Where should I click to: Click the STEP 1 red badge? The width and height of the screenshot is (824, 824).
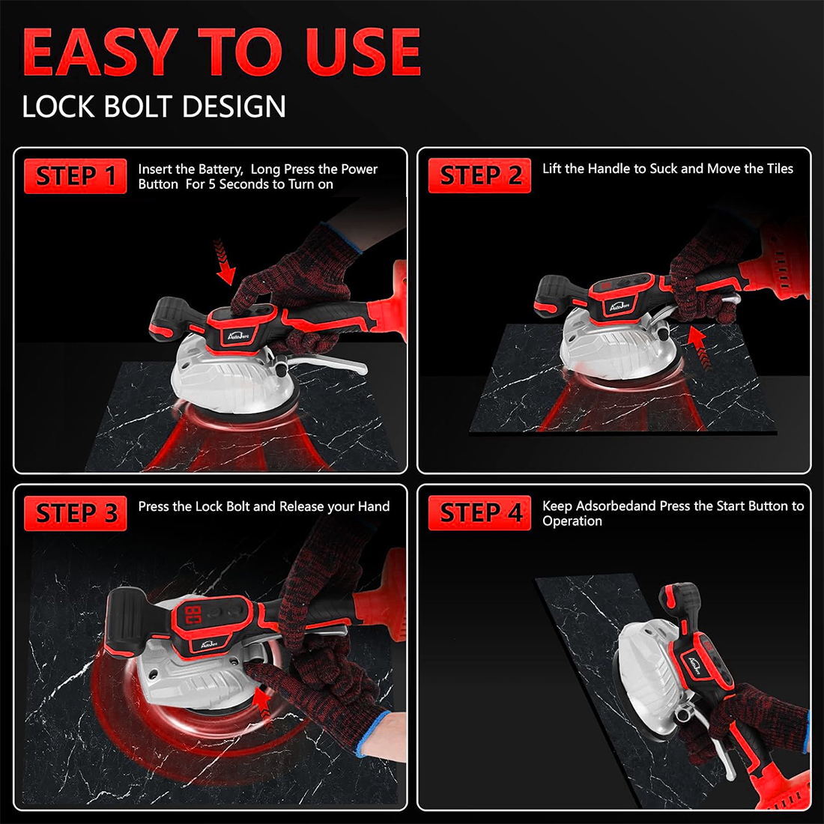[x=75, y=177]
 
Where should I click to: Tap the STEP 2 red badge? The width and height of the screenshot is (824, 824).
[x=479, y=176]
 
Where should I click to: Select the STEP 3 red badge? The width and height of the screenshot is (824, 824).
[x=75, y=514]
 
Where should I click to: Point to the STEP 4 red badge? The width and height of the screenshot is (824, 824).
[x=479, y=513]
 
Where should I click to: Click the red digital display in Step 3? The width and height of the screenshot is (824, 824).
[x=192, y=616]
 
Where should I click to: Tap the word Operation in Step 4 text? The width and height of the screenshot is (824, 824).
[x=572, y=521]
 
